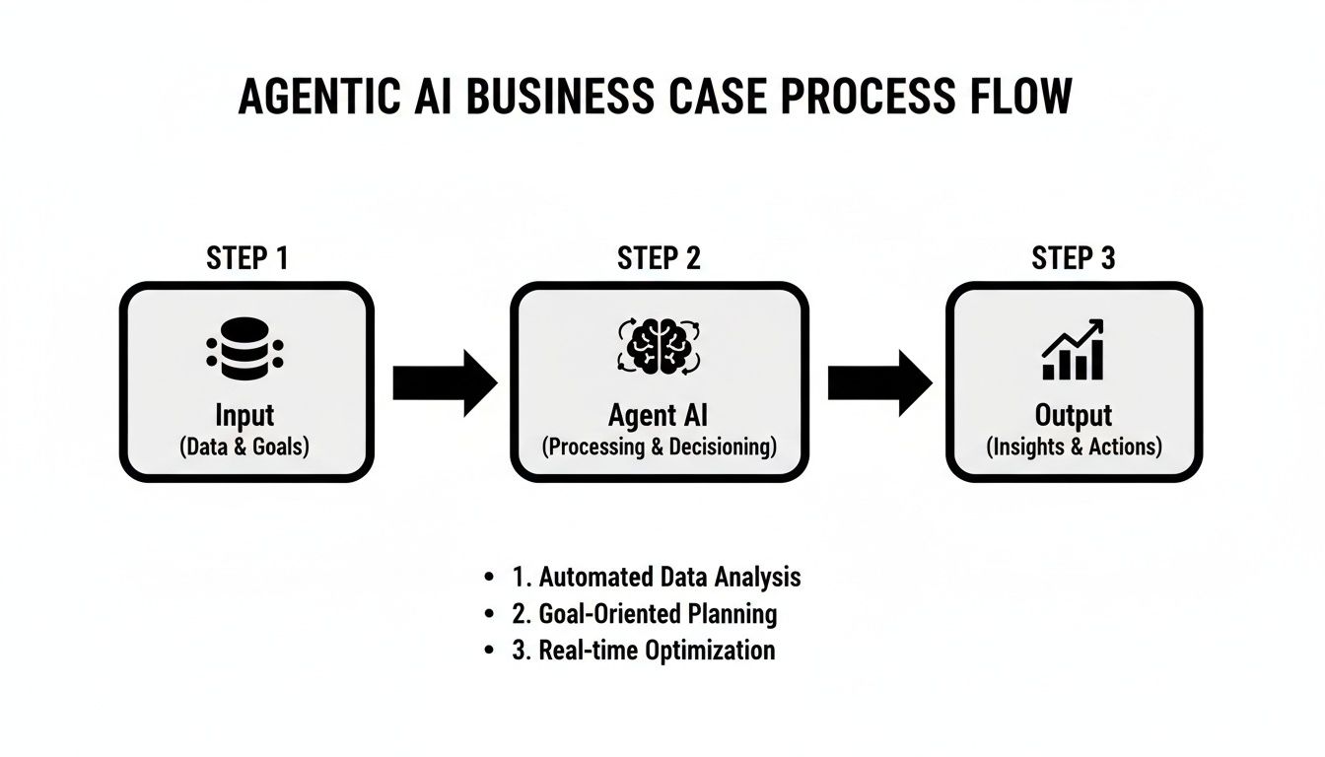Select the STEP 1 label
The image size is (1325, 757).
(246, 258)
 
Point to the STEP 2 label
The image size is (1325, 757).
(659, 258)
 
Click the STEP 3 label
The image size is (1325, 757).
(1074, 258)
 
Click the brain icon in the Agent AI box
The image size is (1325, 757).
(659, 347)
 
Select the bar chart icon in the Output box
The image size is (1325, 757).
(1073, 350)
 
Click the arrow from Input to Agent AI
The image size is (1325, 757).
(445, 382)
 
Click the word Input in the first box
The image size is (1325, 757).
(245, 415)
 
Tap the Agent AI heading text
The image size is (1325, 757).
(659, 415)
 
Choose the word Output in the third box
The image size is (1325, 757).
(1074, 415)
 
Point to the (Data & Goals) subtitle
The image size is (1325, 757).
(245, 447)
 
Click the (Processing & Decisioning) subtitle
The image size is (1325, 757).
(659, 447)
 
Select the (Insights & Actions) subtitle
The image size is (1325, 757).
(1074, 447)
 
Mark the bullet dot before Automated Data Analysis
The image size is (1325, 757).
(490, 578)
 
